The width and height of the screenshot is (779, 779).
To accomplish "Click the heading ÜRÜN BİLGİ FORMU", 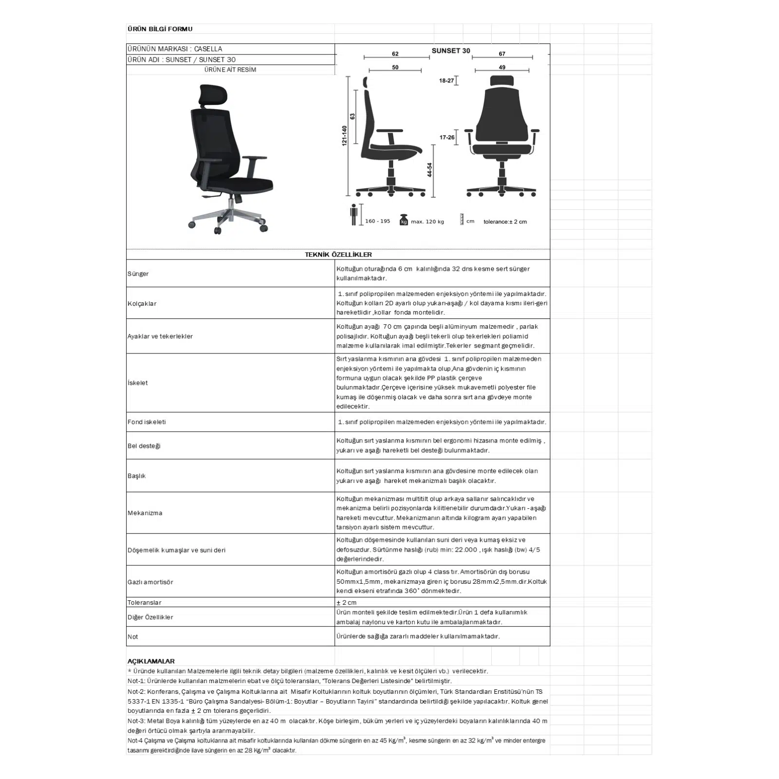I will [160, 29].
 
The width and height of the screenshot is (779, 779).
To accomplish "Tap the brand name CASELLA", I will [208, 49].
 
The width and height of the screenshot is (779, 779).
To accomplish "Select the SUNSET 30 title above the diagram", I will [451, 51].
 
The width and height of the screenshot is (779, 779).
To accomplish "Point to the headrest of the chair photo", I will [213, 94].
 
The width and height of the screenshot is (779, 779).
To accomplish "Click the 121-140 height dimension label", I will [344, 136].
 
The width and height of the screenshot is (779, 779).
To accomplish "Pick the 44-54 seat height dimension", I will [429, 170].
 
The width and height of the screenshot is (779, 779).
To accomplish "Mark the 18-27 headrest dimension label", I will [446, 80].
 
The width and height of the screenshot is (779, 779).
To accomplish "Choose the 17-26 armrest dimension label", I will [447, 137].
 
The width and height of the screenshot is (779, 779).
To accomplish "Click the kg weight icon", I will [403, 220].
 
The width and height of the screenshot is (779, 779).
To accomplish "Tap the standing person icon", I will [354, 215].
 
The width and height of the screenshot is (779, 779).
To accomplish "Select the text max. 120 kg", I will [427, 222].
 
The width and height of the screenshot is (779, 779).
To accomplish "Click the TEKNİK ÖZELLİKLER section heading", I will [338, 254].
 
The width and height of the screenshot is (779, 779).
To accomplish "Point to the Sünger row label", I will [138, 274].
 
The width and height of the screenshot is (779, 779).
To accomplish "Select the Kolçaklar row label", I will [142, 303].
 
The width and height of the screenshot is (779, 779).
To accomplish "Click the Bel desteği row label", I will [144, 446].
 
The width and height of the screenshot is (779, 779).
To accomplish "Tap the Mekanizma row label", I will [145, 513].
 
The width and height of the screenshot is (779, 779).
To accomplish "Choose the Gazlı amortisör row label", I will [150, 582].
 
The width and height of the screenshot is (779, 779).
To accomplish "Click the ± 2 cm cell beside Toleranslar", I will [347, 602].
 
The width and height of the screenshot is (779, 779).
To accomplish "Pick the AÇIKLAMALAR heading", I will [151, 661].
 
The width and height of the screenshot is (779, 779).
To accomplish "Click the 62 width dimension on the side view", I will [395, 54].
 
